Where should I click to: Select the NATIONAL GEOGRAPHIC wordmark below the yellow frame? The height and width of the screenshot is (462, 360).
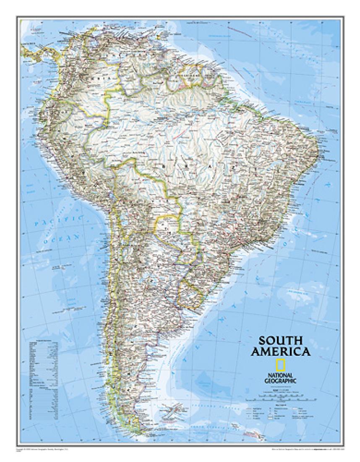279,378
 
